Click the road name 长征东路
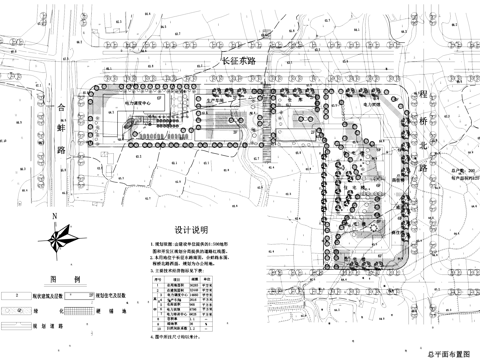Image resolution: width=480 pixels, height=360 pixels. click(239, 61)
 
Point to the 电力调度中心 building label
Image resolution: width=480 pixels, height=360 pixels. click(138, 102)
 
